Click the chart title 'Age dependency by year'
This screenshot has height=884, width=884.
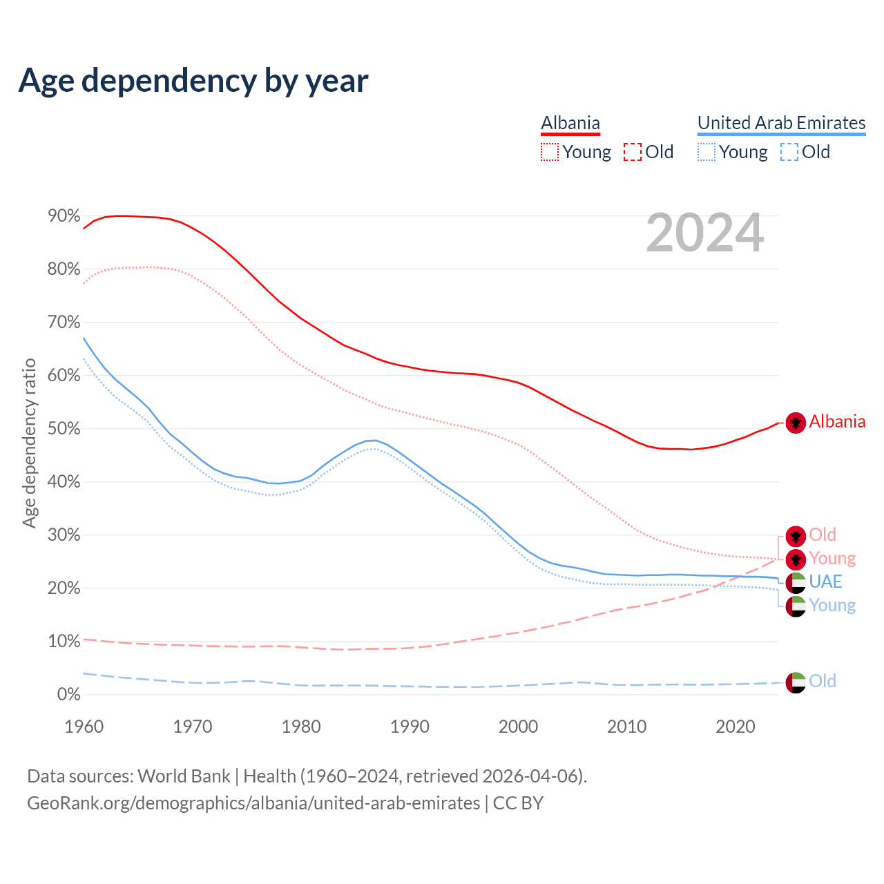tap(193, 81)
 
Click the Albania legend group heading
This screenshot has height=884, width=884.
tap(570, 123)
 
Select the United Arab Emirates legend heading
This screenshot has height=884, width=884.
tap(781, 123)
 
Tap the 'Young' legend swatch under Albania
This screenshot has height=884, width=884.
tap(550, 152)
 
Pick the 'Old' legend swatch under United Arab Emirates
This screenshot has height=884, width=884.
tap(789, 152)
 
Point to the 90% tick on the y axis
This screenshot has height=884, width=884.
tap(64, 216)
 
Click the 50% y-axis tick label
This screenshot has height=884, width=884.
tap(64, 429)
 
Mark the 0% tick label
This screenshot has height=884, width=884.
tap(68, 695)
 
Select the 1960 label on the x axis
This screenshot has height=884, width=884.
tap(84, 727)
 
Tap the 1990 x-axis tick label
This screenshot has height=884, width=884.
tap(410, 727)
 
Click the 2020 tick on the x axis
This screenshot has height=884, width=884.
tap(736, 727)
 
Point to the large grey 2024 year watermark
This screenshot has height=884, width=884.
tap(705, 233)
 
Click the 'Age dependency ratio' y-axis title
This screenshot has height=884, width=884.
tap(29, 443)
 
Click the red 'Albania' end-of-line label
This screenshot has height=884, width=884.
tap(837, 422)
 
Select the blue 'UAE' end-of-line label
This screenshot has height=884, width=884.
tap(825, 582)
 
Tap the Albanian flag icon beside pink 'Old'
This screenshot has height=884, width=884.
tap(796, 536)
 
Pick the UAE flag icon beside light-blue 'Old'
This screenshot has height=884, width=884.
tap(796, 682)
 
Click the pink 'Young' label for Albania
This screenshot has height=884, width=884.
tap(832, 558)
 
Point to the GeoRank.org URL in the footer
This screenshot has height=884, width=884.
tap(253, 803)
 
